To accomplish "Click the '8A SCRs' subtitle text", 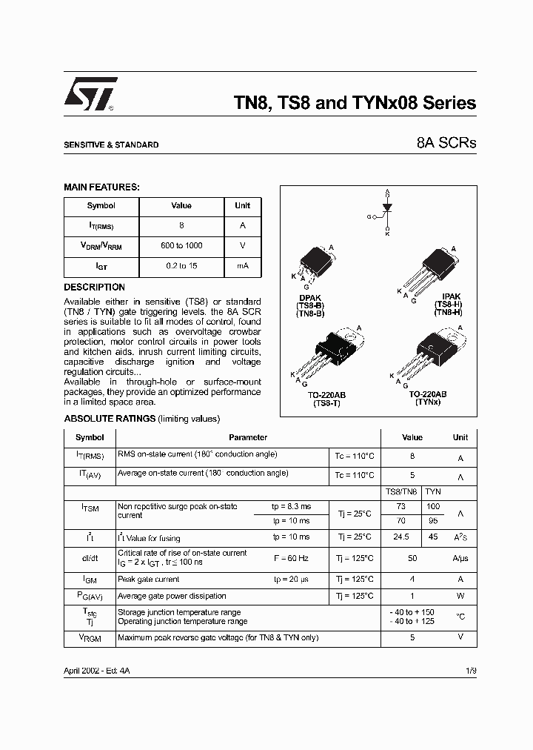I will (449, 143).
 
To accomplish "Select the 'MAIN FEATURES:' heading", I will (101, 188).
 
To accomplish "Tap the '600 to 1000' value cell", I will (181, 245).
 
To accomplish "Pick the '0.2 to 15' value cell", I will (181, 266).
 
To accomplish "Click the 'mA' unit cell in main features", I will (242, 266).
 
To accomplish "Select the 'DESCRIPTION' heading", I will (94, 287).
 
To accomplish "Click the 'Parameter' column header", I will (248, 438).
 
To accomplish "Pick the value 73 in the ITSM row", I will (401, 506).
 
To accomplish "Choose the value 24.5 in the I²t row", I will (401, 537).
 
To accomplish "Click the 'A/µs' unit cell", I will (460, 558).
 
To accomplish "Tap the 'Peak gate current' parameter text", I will (149, 580).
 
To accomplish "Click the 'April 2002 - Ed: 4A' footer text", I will (98, 670).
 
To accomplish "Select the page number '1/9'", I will (471, 670).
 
